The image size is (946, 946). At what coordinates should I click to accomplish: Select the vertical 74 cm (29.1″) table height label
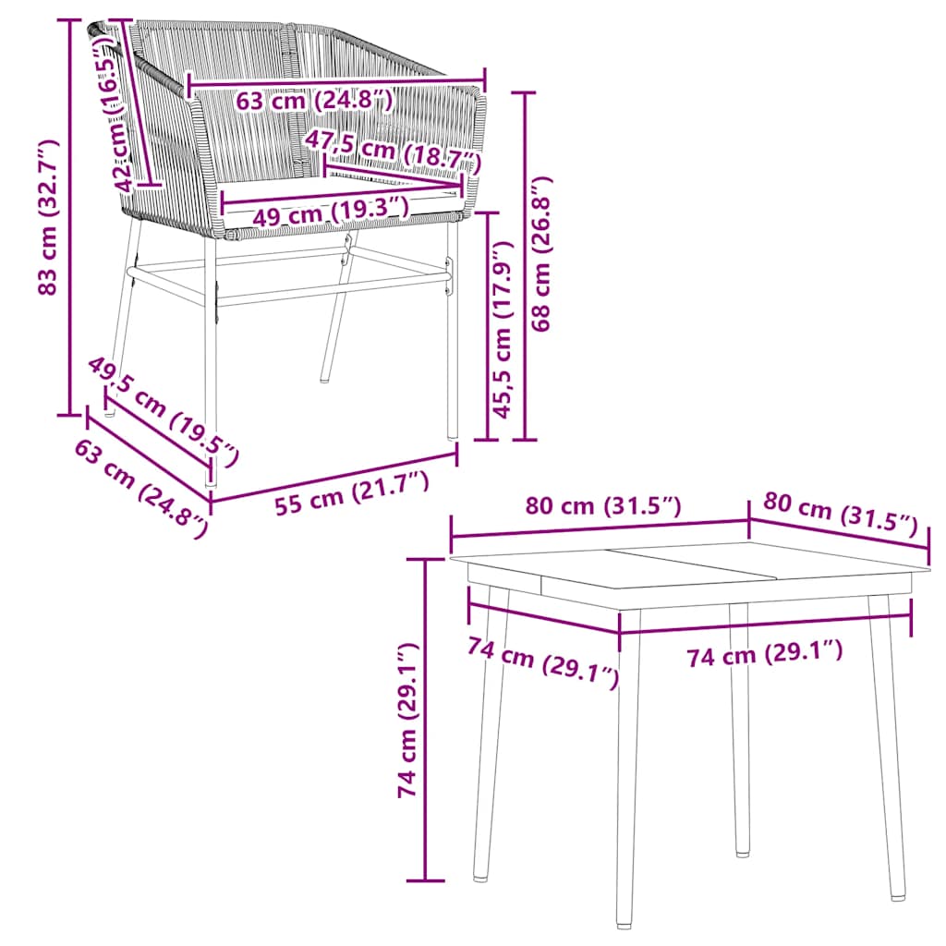point(406,721)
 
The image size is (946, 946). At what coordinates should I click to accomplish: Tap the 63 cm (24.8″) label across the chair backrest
point(314,99)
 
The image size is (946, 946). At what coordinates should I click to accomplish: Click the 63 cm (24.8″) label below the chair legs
point(139,485)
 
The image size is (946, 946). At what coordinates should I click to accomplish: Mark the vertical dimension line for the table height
point(425,721)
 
